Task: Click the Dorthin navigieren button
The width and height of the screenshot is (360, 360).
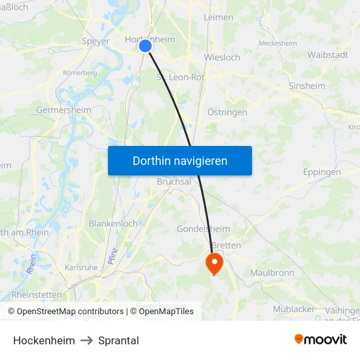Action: click(x=180, y=160)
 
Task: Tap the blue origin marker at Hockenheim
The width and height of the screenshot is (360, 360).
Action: click(x=145, y=45)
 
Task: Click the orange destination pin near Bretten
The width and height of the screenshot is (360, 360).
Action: click(x=214, y=264)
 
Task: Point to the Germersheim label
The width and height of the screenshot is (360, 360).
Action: click(x=64, y=110)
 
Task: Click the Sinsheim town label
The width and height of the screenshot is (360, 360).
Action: click(x=307, y=86)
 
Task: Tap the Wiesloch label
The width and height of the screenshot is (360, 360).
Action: click(x=222, y=57)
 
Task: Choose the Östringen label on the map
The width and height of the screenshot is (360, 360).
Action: click(x=227, y=113)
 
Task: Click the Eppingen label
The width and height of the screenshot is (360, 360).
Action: click(x=322, y=172)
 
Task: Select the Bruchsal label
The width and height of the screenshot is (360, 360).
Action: click(x=173, y=182)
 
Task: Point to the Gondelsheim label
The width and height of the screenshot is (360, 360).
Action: click(x=203, y=229)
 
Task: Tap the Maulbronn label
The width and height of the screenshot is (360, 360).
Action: click(x=272, y=272)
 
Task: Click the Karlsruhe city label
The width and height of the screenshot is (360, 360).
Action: click(x=81, y=268)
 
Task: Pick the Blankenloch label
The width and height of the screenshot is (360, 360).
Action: click(x=113, y=223)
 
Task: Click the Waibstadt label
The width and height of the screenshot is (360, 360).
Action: click(x=327, y=54)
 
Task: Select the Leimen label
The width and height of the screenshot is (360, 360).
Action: click(x=218, y=17)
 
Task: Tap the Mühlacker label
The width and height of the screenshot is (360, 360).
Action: click(x=294, y=308)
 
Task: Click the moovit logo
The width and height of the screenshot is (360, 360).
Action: click(x=321, y=340)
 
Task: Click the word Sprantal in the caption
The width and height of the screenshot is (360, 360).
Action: click(x=118, y=340)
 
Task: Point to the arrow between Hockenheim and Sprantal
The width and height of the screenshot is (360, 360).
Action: click(x=86, y=340)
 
